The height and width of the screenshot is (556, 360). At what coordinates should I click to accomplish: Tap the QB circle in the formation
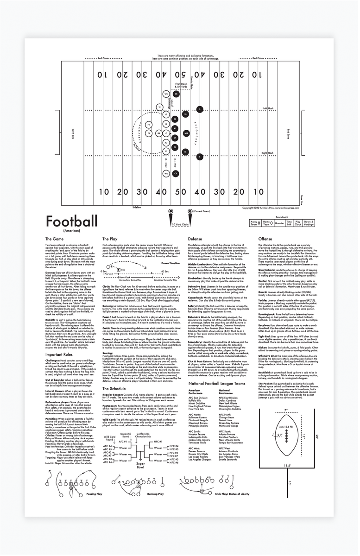[x=158, y=133]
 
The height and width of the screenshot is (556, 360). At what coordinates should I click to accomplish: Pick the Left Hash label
[x=268, y=108]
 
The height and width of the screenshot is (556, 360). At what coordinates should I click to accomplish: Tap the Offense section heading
[x=265, y=239]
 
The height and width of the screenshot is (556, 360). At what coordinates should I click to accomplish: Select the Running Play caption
[x=155, y=494]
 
